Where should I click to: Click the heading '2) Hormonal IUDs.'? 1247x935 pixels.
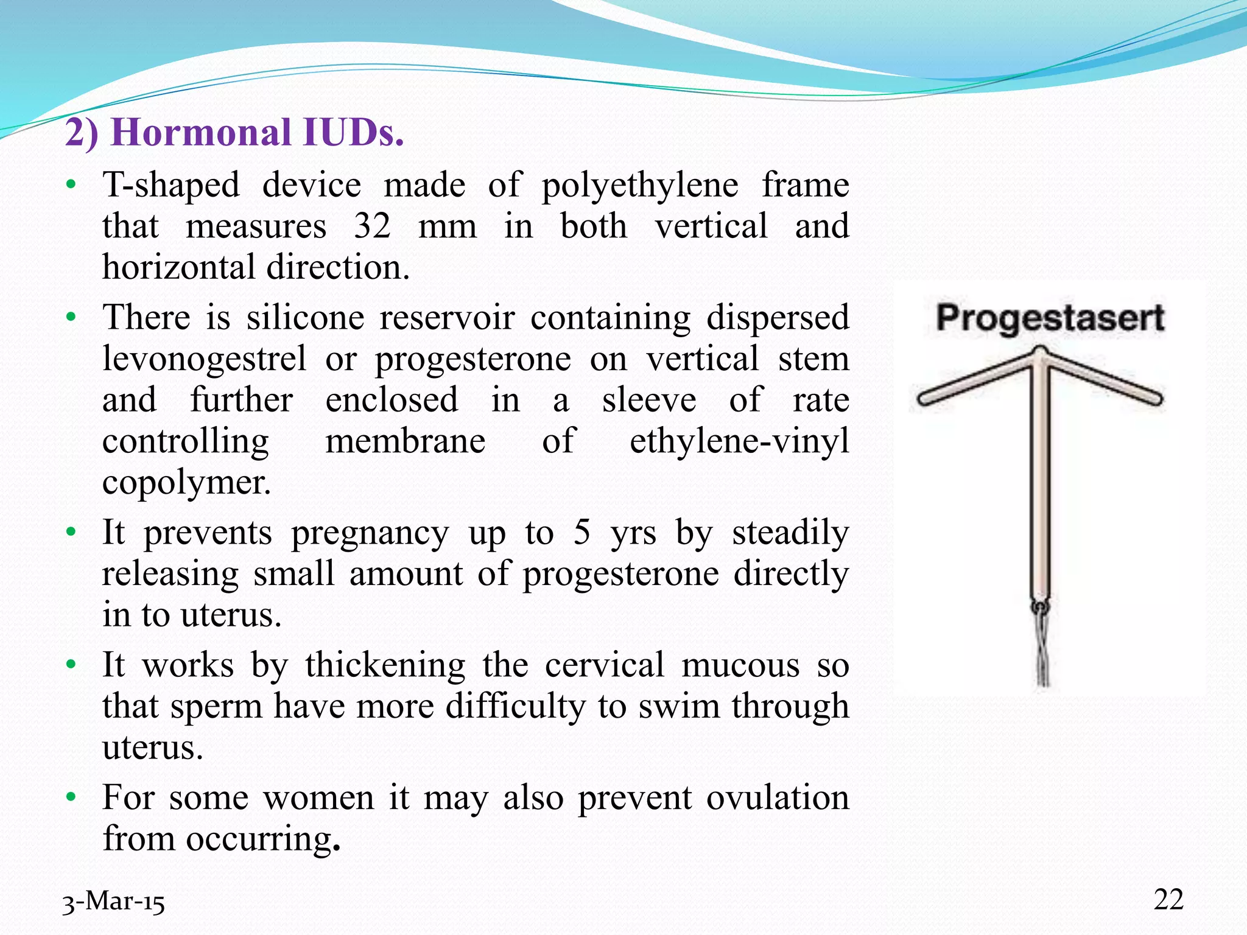(x=234, y=132)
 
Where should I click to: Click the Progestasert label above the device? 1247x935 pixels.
(x=1050, y=318)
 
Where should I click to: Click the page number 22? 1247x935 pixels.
(x=1168, y=899)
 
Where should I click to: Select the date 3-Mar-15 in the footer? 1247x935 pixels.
(x=113, y=902)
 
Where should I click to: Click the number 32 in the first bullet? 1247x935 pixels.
(x=372, y=226)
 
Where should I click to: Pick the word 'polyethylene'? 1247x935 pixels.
(x=640, y=185)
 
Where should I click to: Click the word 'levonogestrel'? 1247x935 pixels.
(x=205, y=358)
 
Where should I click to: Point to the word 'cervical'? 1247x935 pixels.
(x=604, y=664)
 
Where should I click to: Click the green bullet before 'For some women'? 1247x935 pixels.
(x=71, y=797)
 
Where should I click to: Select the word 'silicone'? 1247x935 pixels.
(x=305, y=317)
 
